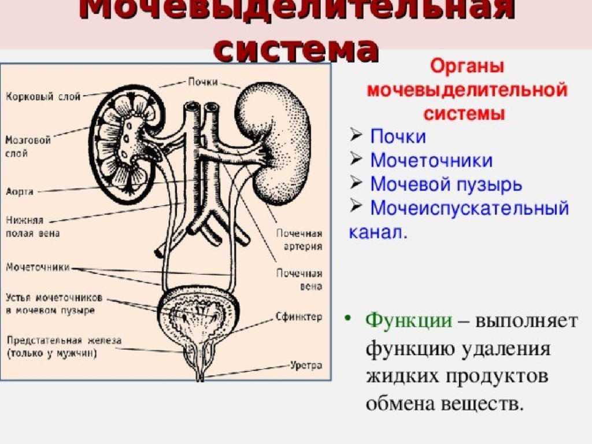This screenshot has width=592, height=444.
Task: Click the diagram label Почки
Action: [x=203, y=82]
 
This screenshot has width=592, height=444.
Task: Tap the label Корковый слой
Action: [x=43, y=96]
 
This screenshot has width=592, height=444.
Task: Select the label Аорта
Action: [x=20, y=191]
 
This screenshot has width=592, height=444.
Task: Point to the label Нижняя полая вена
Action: [x=32, y=227]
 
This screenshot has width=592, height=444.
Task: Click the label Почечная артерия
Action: [x=298, y=239]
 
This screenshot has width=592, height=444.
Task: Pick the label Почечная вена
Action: [x=298, y=279]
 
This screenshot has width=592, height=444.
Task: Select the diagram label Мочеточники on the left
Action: [x=38, y=267]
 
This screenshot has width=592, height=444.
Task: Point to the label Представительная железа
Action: [x=64, y=346]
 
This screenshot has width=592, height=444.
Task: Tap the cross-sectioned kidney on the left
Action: [x=126, y=145]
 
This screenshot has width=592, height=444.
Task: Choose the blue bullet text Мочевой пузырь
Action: [x=446, y=184]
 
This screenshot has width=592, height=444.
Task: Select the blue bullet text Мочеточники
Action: [x=431, y=161]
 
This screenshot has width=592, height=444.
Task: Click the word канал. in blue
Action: [x=378, y=232]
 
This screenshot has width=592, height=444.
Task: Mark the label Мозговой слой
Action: [x=28, y=147]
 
